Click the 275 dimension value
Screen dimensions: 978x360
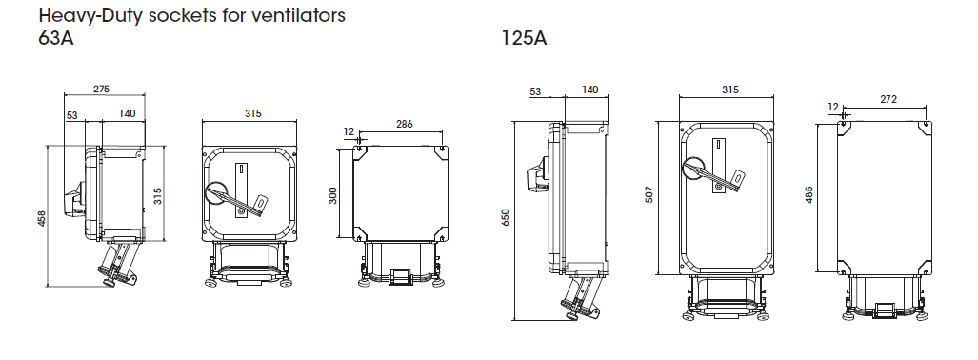point(101,90)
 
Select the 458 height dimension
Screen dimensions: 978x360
point(41,218)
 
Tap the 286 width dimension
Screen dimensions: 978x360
point(404,124)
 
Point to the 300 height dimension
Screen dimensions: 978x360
point(333,196)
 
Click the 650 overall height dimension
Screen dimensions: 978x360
point(506,217)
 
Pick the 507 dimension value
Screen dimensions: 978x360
point(649,196)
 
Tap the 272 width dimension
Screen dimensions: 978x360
point(888,99)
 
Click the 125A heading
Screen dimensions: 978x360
point(524,39)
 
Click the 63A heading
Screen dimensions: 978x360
point(56,39)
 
